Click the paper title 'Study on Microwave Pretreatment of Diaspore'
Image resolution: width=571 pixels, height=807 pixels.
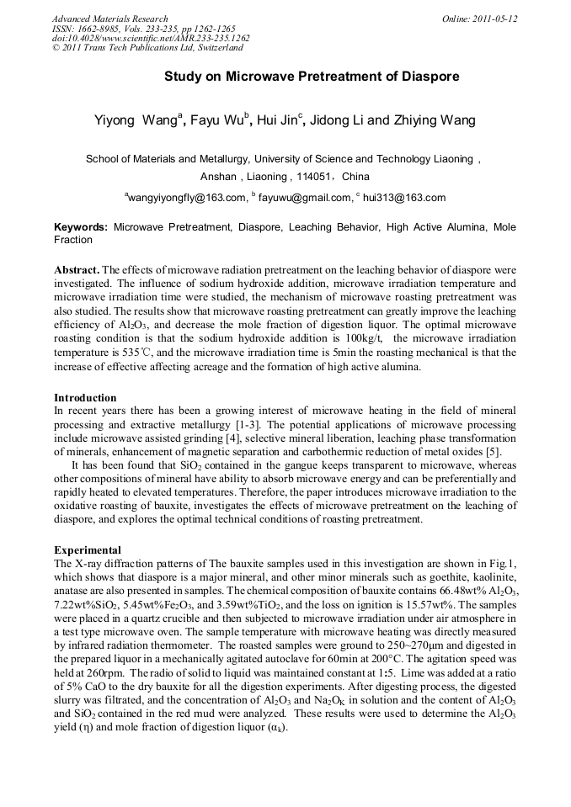[312, 77]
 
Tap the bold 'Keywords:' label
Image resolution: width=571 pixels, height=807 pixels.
[81, 227]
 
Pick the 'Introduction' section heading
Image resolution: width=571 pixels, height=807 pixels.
[85, 397]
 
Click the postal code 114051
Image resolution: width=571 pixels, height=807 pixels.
[317, 177]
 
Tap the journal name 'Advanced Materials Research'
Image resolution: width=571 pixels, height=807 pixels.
[109, 19]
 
